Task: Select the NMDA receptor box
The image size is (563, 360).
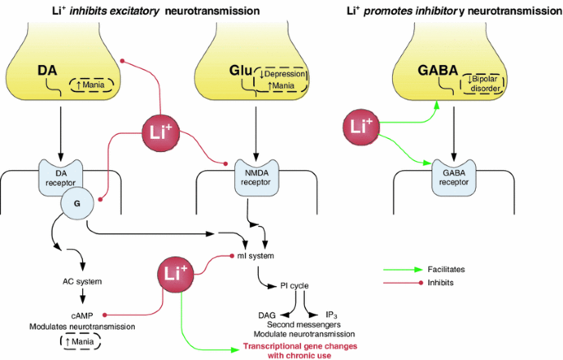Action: point(256,177)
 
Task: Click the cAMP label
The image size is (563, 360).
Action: point(81,314)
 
